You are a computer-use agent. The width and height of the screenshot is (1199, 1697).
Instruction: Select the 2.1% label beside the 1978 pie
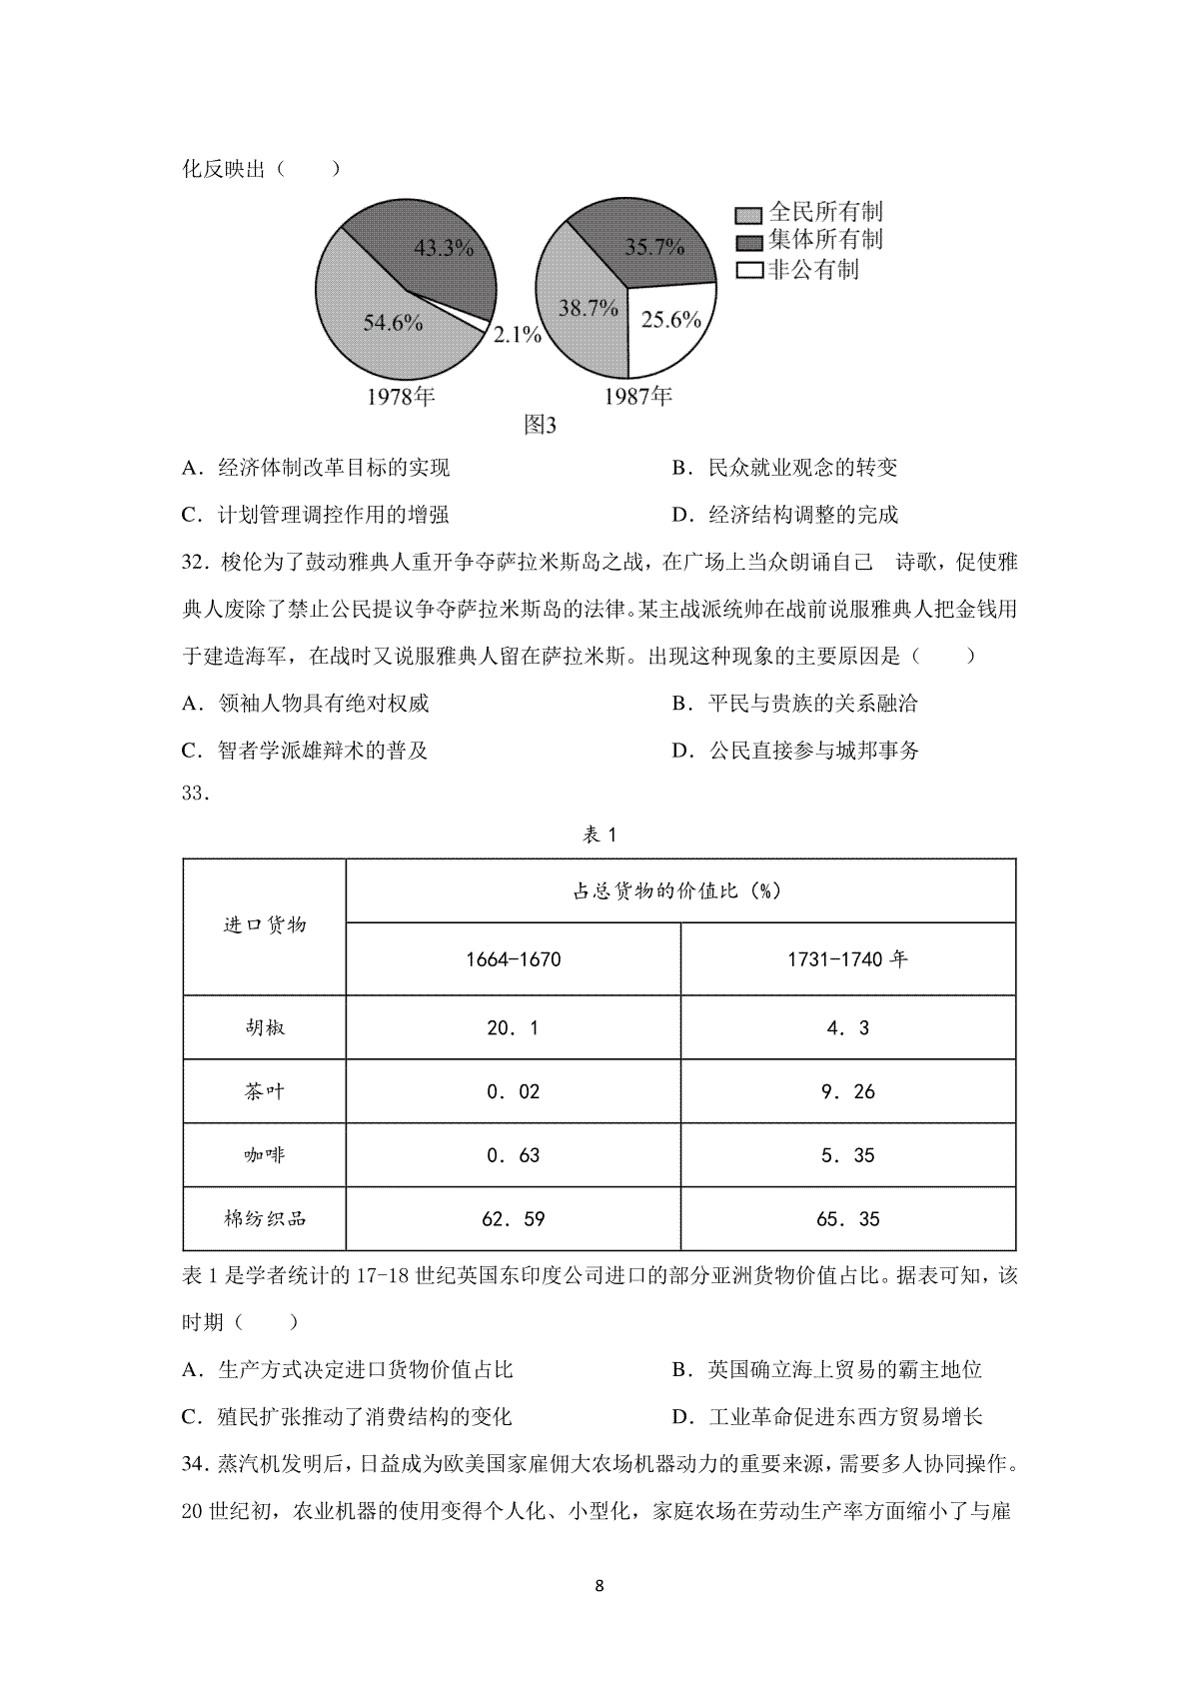tap(517, 336)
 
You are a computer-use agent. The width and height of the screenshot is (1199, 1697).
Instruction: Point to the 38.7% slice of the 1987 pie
tap(588, 309)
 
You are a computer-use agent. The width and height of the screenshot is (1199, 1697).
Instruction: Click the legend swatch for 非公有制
tap(748, 270)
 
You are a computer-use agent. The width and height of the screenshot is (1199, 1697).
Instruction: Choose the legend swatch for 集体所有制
tap(748, 242)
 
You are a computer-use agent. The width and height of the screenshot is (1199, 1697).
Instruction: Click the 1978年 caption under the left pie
tap(401, 397)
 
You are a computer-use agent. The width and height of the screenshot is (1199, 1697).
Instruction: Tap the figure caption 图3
tap(540, 426)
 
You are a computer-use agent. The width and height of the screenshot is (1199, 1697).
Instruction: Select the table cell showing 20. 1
tap(513, 1027)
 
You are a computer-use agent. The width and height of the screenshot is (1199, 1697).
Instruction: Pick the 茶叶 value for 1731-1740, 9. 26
tap(847, 1091)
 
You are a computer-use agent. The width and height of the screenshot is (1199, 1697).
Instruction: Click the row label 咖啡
tap(264, 1155)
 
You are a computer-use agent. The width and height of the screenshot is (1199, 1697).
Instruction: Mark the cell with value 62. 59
tap(513, 1219)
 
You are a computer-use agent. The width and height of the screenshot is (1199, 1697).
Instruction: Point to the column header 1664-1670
tap(513, 959)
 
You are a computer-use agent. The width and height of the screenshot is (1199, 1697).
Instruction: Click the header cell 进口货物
tap(264, 925)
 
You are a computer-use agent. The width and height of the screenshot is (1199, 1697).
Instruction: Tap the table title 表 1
tap(599, 836)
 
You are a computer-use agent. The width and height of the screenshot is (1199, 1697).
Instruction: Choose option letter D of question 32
tap(682, 751)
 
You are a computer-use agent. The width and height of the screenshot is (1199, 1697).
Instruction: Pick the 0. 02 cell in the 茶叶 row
tap(513, 1091)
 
